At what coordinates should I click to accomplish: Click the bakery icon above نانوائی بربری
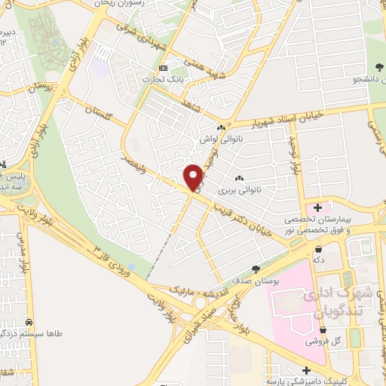point(240,178)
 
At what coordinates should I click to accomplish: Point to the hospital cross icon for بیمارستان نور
point(318,207)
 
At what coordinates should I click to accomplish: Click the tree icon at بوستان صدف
point(256,269)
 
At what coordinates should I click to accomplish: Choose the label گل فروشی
point(323,341)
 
